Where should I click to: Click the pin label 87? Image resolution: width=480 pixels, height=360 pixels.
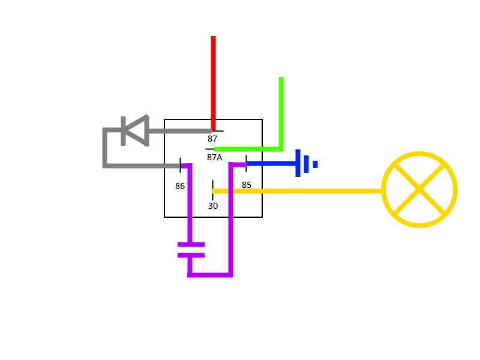212,139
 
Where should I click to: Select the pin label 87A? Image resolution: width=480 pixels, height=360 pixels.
214,157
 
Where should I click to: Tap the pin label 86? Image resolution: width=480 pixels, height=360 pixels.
180,186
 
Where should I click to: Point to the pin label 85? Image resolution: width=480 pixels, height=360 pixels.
247,185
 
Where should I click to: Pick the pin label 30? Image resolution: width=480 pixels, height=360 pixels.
213,206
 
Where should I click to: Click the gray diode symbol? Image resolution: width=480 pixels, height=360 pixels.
134,130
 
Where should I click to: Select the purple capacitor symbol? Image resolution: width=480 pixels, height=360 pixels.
191,250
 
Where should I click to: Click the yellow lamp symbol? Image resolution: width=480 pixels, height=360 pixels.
419,190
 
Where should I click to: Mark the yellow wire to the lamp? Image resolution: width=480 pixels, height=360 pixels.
300,191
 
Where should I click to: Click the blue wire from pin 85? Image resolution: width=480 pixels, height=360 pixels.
270,163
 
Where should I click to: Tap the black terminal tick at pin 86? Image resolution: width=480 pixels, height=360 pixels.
180,164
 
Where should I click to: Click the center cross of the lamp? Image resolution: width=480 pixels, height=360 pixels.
419,190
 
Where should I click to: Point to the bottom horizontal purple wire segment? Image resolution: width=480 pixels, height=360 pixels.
210,274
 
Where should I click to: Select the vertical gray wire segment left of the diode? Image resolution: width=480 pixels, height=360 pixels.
104,148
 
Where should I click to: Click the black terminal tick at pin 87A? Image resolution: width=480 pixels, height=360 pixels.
209,149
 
